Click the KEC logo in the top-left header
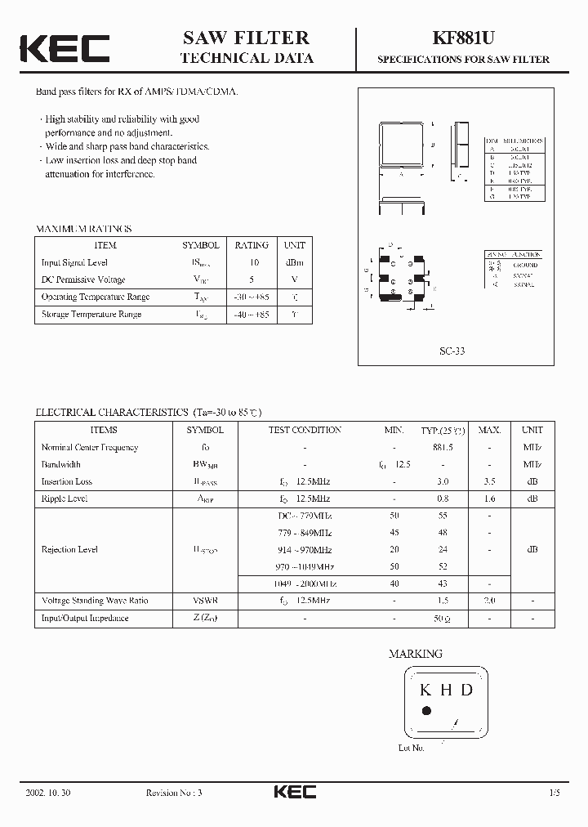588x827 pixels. point(65,48)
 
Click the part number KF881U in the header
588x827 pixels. point(462,38)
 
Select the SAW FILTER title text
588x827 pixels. point(246,38)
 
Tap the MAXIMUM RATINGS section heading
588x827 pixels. point(84,230)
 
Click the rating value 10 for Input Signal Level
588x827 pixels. point(254,262)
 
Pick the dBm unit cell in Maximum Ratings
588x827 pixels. point(294,262)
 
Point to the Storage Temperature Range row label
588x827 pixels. point(91,314)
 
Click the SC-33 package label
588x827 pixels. point(452,351)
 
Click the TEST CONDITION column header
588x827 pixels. point(305,430)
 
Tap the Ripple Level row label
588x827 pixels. point(65,498)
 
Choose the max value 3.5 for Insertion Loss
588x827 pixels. point(489,481)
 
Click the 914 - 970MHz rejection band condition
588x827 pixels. point(305,550)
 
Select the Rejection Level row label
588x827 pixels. point(69,550)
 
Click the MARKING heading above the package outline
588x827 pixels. point(415,654)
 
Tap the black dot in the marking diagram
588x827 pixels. point(425,711)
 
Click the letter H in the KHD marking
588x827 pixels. point(446,690)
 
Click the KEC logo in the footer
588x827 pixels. point(293,793)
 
